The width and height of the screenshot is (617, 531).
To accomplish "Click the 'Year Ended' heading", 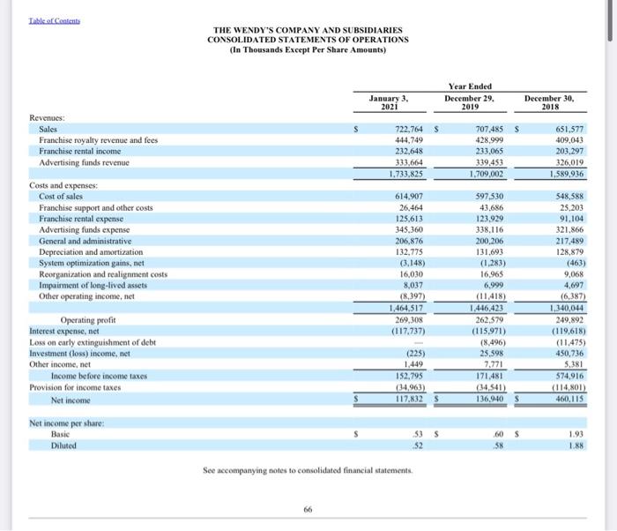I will [x=470, y=86].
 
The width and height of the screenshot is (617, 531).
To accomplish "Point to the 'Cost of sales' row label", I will [x=64, y=195].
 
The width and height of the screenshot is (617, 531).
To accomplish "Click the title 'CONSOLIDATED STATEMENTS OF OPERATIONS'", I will [x=308, y=40].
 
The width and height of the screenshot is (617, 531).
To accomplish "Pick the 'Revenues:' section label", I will [x=46, y=117].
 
